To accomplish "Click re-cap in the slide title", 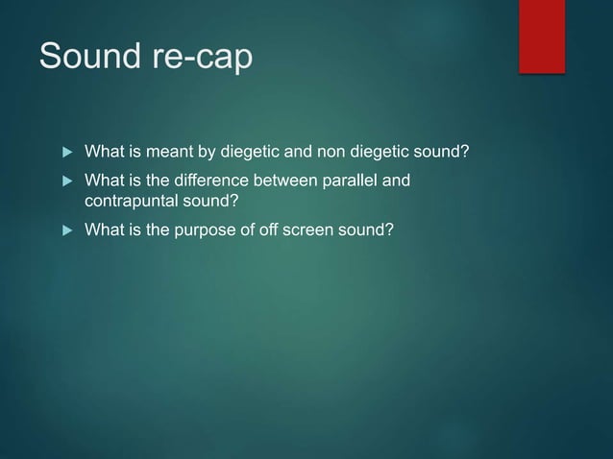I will [x=205, y=58].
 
